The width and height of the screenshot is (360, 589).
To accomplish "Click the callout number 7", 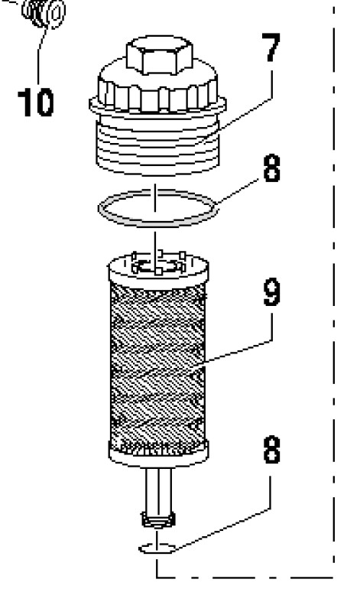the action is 271,47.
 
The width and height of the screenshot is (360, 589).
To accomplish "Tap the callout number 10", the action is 36,103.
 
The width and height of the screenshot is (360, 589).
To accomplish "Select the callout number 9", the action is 271,292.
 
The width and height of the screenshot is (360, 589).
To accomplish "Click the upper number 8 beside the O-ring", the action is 272,168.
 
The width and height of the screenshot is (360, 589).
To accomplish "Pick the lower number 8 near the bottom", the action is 272,449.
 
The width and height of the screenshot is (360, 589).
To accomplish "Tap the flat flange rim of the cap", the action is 157,106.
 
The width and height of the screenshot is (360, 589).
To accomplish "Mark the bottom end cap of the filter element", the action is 158,455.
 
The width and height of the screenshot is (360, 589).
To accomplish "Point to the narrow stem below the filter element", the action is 158,490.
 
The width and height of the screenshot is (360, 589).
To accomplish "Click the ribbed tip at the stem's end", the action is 158,520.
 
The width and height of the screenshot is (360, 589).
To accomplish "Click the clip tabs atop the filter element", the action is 158,263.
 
